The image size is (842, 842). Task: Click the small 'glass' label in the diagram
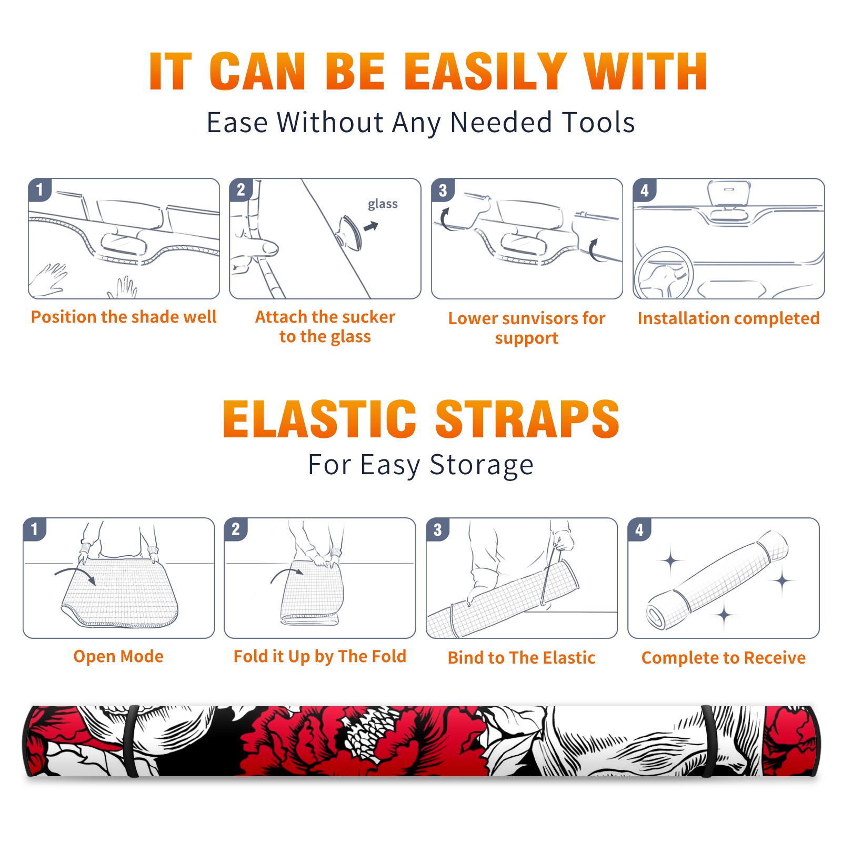[x=383, y=204]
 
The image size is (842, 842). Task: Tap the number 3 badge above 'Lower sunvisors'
[x=443, y=190]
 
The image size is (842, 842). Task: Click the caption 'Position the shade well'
[x=124, y=317]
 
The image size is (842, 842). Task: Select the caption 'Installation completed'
[x=728, y=318]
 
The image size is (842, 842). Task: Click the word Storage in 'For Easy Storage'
[x=482, y=465]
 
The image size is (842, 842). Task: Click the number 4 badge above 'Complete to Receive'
[x=639, y=529]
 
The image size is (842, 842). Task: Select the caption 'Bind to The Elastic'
[x=522, y=658]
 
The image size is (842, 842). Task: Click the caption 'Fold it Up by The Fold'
[x=320, y=657]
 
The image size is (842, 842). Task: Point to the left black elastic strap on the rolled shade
[x=132, y=741]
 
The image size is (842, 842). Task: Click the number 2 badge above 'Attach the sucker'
[x=241, y=190]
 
